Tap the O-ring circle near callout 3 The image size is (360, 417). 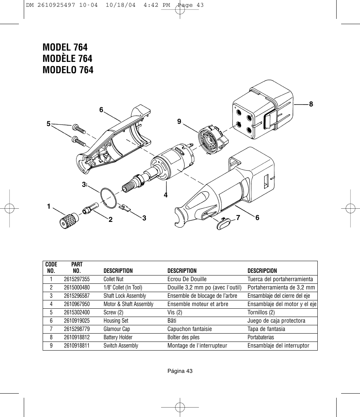[109, 198]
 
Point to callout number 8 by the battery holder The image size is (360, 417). [311, 105]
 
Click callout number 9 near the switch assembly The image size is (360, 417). [179, 122]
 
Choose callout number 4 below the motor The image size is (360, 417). [165, 195]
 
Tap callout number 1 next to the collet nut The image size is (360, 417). [49, 206]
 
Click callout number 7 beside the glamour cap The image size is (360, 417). [238, 217]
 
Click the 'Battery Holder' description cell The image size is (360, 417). [118, 337]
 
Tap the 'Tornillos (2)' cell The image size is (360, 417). [261, 312]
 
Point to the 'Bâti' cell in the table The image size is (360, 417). [172, 321]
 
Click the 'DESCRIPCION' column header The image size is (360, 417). [262, 271]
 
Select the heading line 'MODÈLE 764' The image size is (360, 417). [68, 58]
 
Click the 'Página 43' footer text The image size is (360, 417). [180, 371]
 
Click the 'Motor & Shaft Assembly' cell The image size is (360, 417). [129, 304]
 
